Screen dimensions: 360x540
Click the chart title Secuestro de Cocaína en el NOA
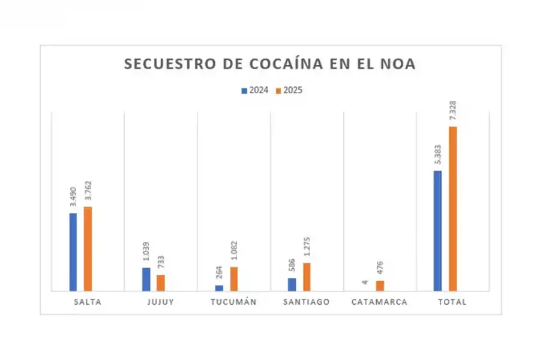(x=269, y=64)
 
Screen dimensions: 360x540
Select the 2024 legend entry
(x=254, y=91)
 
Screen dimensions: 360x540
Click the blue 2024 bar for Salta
(x=73, y=252)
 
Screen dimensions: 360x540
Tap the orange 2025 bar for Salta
(x=88, y=249)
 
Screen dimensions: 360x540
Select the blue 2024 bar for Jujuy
(x=146, y=279)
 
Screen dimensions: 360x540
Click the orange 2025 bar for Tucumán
(x=234, y=279)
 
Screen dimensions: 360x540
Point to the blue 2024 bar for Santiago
(x=292, y=284)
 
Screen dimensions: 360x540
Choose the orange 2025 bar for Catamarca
(x=380, y=286)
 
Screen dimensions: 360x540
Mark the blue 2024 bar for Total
(x=438, y=231)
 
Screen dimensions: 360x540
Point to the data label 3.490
(x=73, y=197)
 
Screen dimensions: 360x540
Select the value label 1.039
(x=146, y=253)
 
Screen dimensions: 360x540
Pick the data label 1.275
(x=307, y=248)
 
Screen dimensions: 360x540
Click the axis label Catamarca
(x=379, y=302)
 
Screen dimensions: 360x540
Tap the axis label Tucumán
(x=233, y=302)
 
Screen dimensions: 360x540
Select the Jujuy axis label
(x=160, y=302)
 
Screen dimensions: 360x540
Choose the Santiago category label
(x=306, y=302)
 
